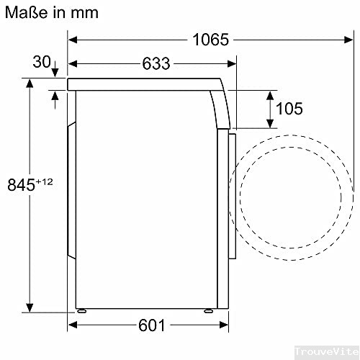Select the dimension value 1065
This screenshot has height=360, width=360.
click(210, 40)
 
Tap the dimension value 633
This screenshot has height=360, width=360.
click(156, 64)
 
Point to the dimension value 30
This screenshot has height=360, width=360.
click(42, 63)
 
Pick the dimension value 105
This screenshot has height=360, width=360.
click(288, 109)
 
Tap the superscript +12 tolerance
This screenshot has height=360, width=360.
click(45, 181)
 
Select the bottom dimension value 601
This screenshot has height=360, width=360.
click(152, 326)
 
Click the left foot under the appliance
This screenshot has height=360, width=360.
click(84, 312)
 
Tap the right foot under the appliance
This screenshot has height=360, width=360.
click(207, 312)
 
